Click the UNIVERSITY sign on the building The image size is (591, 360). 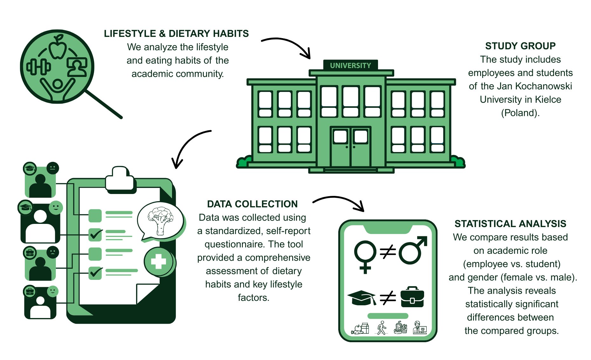coord(350,66)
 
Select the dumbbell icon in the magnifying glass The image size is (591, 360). coord(38,66)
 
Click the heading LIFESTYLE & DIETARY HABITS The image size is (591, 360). coord(176,34)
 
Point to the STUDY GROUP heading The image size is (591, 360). coord(520,46)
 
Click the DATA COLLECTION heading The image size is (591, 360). coord(252,204)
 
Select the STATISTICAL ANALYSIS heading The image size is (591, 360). coord(510,224)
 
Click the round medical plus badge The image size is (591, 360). coord(159,262)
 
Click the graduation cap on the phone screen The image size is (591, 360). coord(362,298)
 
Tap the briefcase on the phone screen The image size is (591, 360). coord(412,297)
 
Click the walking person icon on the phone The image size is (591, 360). coord(381,328)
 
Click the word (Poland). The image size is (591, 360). coord(520,113)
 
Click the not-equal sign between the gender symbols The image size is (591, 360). coord(388,252)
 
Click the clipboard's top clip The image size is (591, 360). coord(120,179)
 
